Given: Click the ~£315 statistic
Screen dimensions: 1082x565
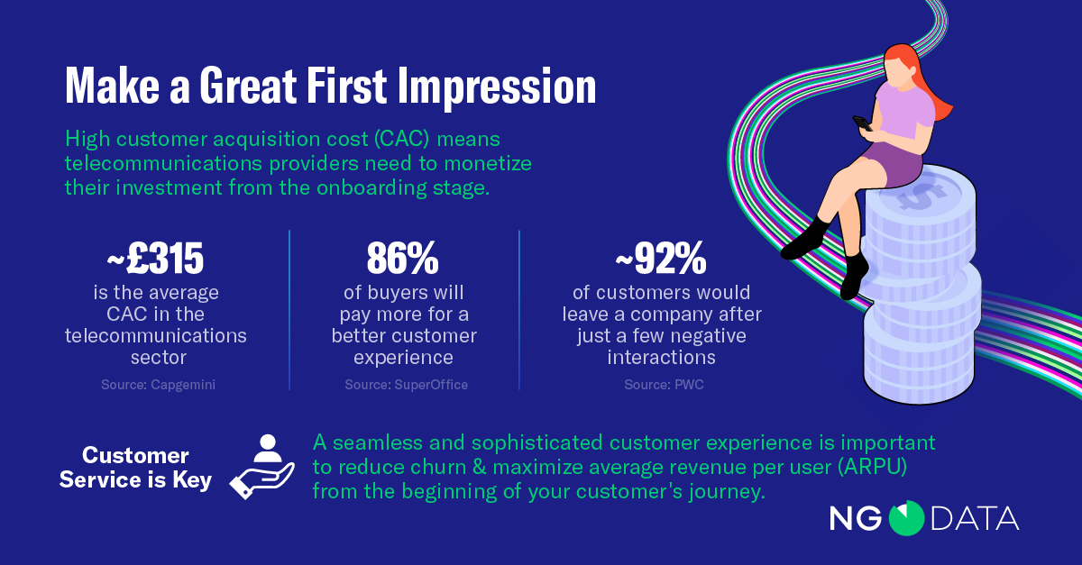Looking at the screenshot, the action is [155, 259].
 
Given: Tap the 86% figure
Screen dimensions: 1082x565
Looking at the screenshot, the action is [402, 259].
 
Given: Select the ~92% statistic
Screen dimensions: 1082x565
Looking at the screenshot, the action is [661, 259].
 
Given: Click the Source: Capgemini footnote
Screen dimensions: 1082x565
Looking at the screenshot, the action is [158, 385].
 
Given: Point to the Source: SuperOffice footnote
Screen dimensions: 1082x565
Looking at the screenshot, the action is [407, 385].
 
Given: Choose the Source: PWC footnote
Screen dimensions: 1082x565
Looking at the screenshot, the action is [664, 385].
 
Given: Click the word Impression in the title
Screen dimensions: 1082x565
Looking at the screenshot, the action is [497, 87].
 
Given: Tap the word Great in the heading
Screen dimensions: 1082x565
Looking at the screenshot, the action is [248, 86].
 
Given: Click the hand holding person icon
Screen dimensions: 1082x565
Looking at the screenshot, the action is [262, 466].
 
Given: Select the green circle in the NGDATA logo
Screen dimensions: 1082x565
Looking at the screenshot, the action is [906, 518].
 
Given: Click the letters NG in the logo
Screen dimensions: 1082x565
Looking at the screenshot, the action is [856, 519].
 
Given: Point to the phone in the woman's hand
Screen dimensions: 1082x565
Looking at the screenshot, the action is [863, 123].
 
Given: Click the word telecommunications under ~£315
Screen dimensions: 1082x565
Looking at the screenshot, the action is [155, 335].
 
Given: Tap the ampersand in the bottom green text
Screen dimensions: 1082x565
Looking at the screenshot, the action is [479, 467].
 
